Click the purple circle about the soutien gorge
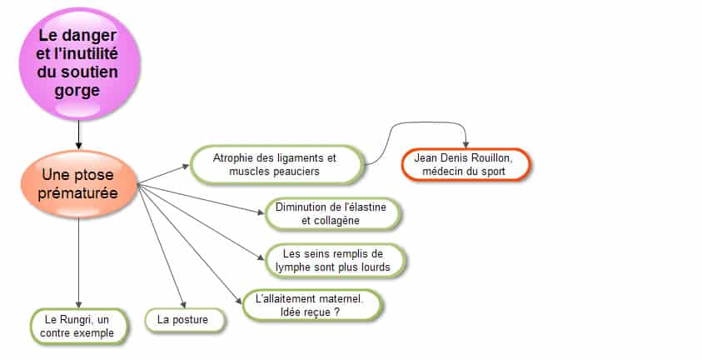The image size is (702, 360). click(79, 63)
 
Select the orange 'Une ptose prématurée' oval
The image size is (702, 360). click(79, 184)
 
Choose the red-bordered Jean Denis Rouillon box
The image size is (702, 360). click(466, 165)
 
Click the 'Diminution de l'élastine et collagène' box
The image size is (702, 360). click(331, 214)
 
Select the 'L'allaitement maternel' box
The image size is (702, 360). click(311, 305)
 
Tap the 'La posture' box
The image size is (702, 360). click(185, 320)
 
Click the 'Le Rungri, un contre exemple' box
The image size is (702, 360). click(78, 327)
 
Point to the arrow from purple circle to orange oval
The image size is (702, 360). click(79, 134)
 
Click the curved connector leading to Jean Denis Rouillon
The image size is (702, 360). click(414, 129)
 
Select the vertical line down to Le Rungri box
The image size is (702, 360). click(79, 262)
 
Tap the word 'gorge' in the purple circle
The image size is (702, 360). click(77, 91)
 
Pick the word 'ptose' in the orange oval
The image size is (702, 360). click(93, 175)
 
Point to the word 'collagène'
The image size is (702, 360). click(337, 221)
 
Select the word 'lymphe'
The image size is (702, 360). click(293, 267)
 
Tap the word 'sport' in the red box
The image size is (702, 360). click(493, 172)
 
